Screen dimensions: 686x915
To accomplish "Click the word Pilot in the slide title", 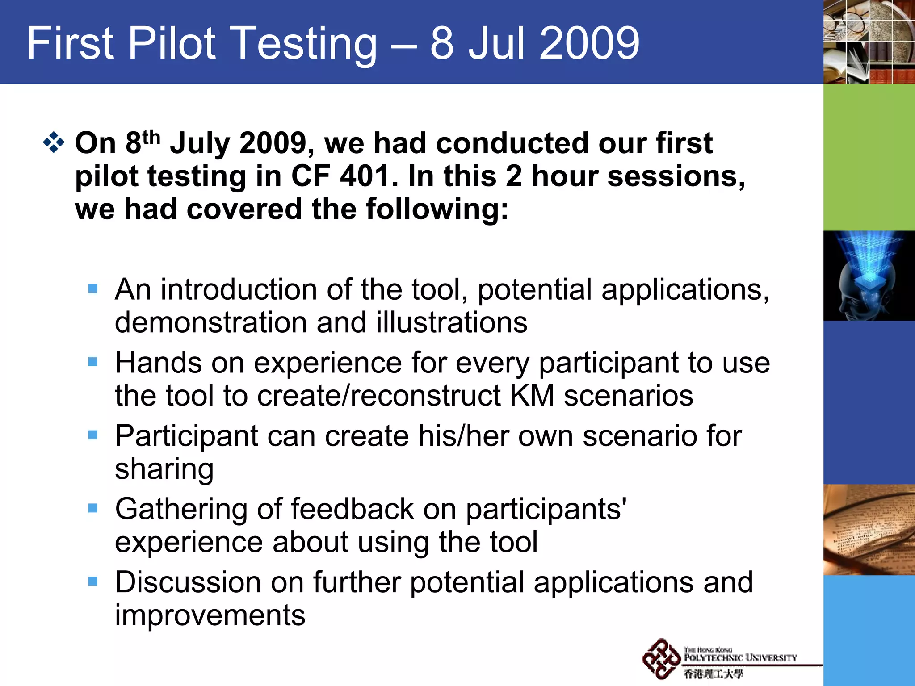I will (172, 43).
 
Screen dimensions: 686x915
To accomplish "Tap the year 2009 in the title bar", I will (589, 43).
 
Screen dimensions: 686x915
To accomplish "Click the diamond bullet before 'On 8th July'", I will (54, 143).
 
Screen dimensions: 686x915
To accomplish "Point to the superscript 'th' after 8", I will (151, 137).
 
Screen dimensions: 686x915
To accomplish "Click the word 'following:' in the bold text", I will (437, 209).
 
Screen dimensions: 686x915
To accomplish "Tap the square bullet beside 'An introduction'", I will (93, 289).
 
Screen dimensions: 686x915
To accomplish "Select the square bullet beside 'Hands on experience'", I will (93, 361).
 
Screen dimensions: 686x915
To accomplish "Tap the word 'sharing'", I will (164, 469).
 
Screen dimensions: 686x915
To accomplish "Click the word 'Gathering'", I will (181, 509).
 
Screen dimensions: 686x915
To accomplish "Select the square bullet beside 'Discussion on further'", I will (93, 581).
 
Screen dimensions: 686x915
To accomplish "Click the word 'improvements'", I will (210, 615).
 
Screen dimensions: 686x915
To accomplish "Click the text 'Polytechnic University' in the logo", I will (740, 658).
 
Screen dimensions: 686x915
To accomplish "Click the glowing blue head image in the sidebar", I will (869, 276).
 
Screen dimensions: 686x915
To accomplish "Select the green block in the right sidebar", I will (869, 157).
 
